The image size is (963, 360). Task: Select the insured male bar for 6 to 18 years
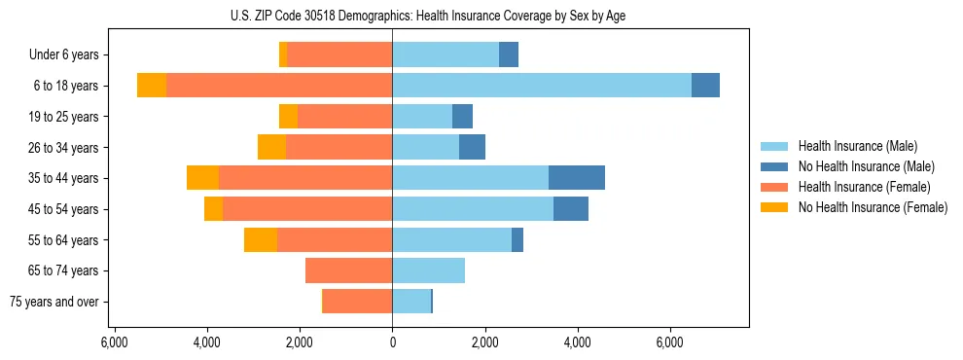[x=542, y=86]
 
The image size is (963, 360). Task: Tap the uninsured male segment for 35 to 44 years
[x=577, y=178]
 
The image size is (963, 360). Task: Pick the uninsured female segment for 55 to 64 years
[x=261, y=239]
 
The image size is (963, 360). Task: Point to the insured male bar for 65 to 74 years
[x=429, y=270]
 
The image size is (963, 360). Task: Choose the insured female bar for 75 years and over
[x=358, y=302]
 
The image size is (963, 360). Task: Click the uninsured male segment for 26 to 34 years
[x=472, y=147]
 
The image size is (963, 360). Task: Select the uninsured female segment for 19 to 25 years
[x=288, y=117]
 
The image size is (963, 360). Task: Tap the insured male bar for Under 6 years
[x=446, y=54]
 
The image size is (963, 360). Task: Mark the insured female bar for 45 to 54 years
[x=307, y=209]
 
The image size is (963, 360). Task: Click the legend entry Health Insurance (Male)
[x=857, y=146]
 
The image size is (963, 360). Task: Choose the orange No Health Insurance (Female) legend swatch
[x=776, y=207]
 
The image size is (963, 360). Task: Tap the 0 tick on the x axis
[x=393, y=343]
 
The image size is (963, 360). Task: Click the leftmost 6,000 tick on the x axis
[x=115, y=343]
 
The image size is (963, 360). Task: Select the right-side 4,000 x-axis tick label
[x=578, y=343]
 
